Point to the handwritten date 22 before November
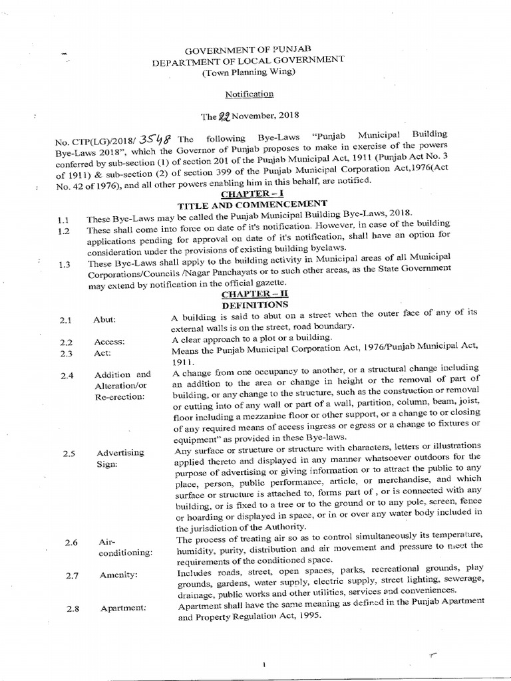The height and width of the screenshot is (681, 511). click(x=227, y=116)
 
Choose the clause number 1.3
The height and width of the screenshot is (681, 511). click(x=65, y=264)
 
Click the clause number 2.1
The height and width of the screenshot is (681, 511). click(x=65, y=320)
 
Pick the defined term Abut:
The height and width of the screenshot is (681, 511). click(x=105, y=320)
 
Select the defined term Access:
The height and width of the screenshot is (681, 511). click(x=110, y=342)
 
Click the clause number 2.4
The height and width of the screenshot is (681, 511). click(x=66, y=376)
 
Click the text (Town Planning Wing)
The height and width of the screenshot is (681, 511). click(x=257, y=72)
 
